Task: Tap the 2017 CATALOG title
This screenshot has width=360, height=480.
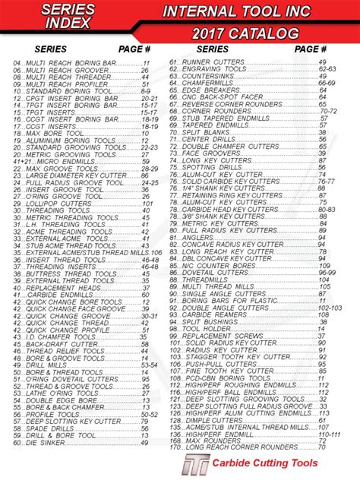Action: pyautogui.click(x=245, y=34)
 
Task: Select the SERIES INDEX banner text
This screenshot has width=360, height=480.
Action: pyautogui.click(x=68, y=15)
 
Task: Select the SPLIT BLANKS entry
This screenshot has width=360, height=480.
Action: pyautogui.click(x=209, y=133)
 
